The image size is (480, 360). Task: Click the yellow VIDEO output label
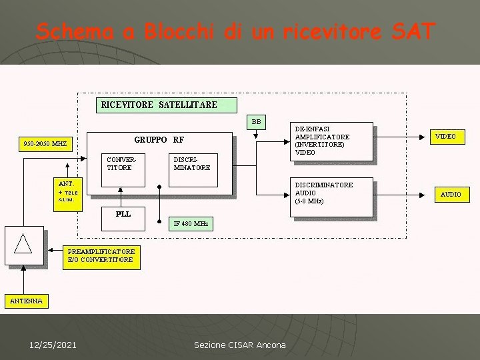pyautogui.click(x=446, y=137)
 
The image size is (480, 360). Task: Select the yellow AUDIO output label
pyautogui.click(x=451, y=195)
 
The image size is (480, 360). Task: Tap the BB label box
pyautogui.click(x=257, y=121)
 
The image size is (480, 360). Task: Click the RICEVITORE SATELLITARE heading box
pyautogui.click(x=159, y=105)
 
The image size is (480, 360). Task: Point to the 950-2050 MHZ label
pyautogui.click(x=45, y=144)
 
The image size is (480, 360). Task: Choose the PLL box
pyautogui.click(x=123, y=214)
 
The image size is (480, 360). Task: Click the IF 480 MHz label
pyautogui.click(x=191, y=224)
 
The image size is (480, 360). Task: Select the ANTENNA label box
pyautogui.click(x=26, y=301)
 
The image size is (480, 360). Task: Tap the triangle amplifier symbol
pyautogui.click(x=24, y=244)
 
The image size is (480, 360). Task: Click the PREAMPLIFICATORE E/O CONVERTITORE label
pyautogui.click(x=101, y=256)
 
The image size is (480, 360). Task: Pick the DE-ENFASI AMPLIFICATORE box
pyautogui.click(x=333, y=141)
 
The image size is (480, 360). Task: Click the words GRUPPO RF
pyautogui.click(x=159, y=140)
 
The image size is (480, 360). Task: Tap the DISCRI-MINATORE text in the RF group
pyautogui.click(x=191, y=163)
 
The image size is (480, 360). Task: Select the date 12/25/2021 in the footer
pyautogui.click(x=53, y=345)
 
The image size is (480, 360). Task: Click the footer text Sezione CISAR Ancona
pyautogui.click(x=239, y=345)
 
